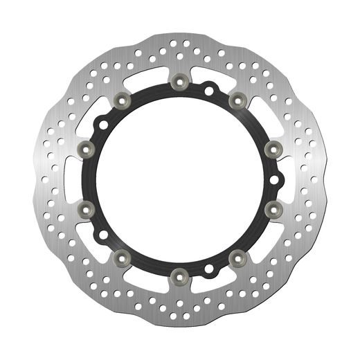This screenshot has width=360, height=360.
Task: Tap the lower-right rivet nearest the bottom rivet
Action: pyautogui.click(x=235, y=257)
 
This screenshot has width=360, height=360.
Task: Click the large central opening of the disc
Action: pyautogui.click(x=179, y=178)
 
